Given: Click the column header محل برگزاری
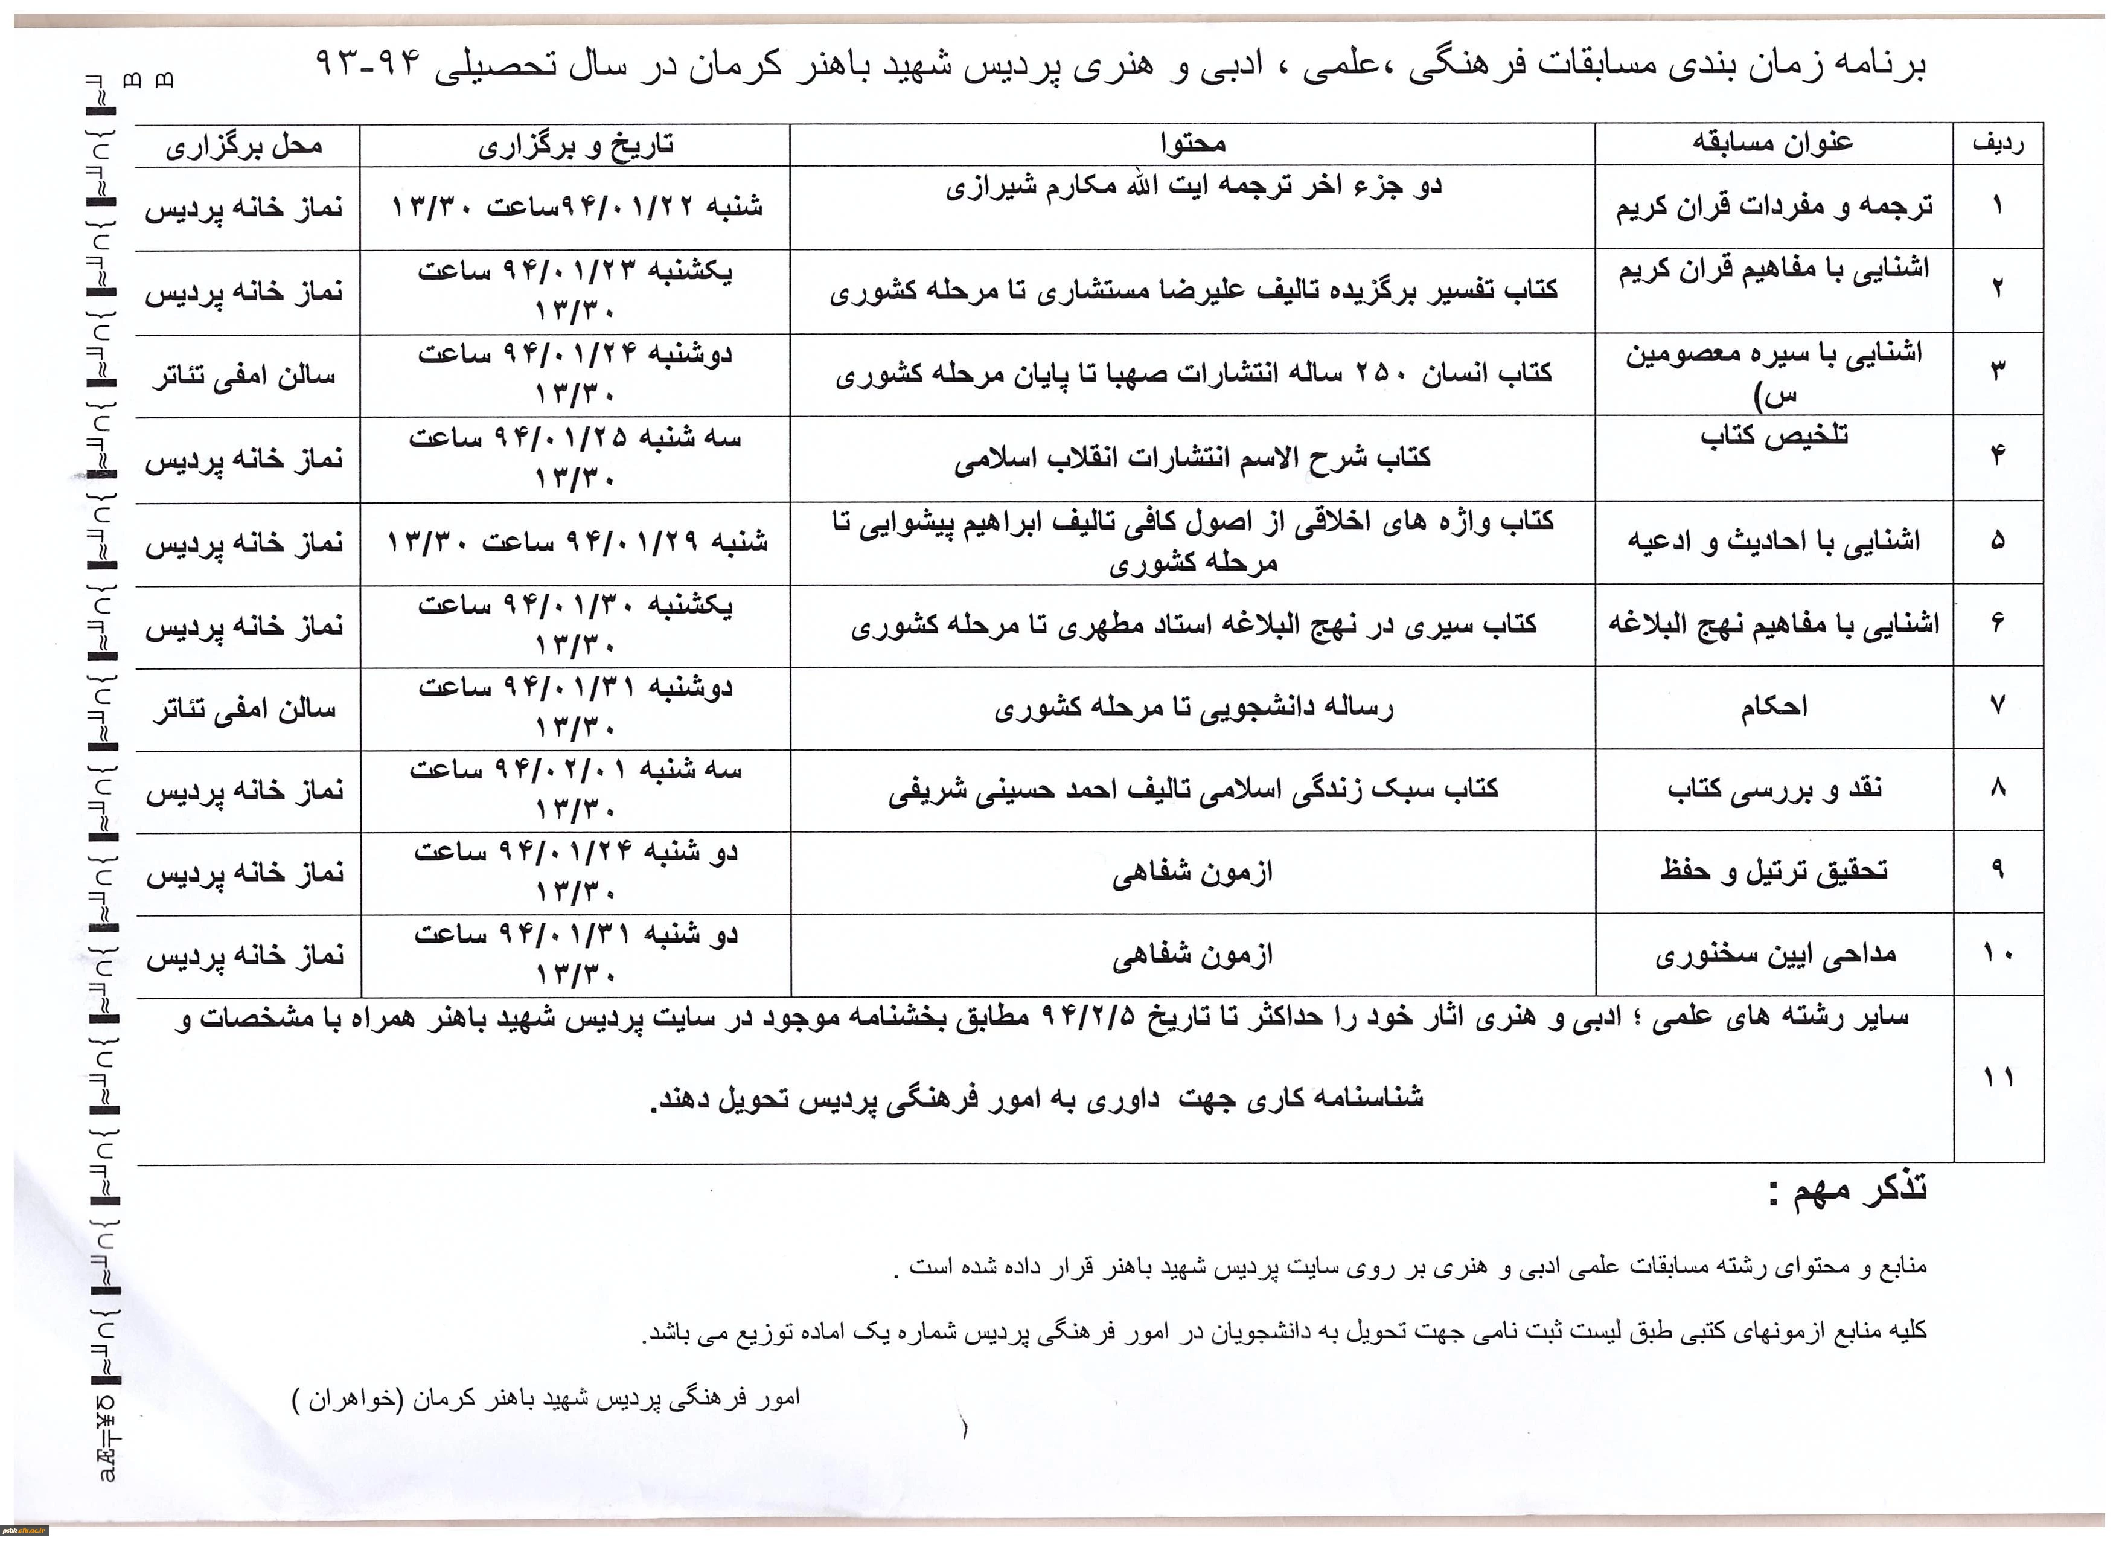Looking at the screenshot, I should [x=245, y=146].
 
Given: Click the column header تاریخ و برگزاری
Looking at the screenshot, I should [x=575, y=146].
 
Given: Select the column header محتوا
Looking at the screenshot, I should [x=1193, y=143].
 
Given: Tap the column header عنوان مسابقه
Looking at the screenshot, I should [x=1772, y=143].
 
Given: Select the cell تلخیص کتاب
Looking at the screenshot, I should [x=1773, y=437].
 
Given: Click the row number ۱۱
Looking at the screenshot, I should [x=1998, y=1077].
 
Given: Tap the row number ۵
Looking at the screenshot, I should [x=1998, y=540].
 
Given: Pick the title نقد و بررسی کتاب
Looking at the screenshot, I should [x=1773, y=790].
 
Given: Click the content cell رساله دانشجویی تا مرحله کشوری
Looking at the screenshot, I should [x=1193, y=708].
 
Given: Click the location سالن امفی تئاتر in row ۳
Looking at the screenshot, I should [x=245, y=376].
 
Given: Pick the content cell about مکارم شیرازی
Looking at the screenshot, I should [x=1193, y=188].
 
